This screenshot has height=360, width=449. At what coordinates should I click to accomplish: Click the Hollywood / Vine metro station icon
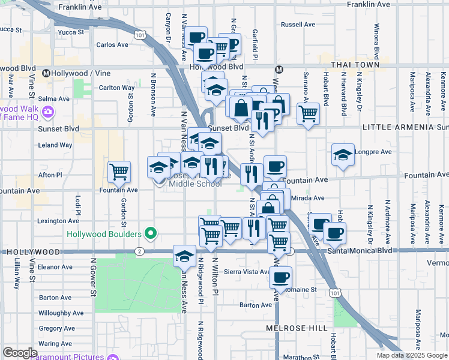coord(46,73)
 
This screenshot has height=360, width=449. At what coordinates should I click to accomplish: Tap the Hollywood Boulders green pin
coord(151,233)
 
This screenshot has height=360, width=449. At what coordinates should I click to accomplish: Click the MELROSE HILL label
coord(297,328)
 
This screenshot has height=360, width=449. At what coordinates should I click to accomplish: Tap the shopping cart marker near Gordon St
coord(119,172)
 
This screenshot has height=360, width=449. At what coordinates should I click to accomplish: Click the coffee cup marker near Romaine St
coord(280,277)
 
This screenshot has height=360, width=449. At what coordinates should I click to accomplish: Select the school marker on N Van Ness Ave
coord(184,256)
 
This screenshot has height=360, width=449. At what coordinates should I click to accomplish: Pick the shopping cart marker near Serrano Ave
coord(308,112)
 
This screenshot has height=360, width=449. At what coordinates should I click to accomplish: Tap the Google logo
coord(20,353)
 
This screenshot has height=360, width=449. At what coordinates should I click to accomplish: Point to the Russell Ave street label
coord(298,25)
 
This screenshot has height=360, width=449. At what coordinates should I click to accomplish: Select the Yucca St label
coord(11,29)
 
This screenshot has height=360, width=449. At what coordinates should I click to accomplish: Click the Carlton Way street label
coord(116,88)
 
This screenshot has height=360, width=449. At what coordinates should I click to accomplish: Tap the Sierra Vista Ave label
coord(247,272)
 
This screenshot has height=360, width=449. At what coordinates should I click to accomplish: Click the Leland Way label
coord(55,145)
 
